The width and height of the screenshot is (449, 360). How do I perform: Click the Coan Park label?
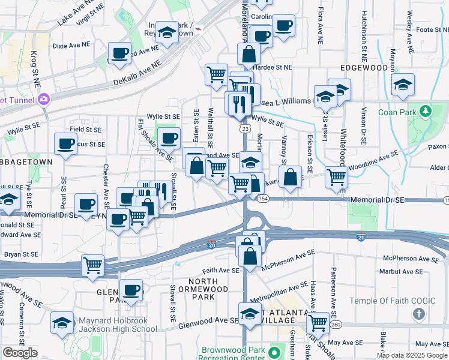click(398, 112)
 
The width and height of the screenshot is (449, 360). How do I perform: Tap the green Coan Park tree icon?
click(426, 111)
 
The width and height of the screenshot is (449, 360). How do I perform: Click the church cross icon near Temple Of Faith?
click(419, 314)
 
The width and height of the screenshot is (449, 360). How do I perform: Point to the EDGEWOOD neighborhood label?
click(364, 68)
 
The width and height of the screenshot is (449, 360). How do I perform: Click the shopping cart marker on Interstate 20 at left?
click(93, 264)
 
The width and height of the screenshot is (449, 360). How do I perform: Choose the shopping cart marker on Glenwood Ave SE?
click(318, 322)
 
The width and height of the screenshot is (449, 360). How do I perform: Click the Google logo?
click(20, 353)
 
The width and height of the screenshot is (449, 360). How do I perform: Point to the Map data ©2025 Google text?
click(412, 355)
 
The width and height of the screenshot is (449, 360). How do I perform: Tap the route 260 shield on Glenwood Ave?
click(335, 325)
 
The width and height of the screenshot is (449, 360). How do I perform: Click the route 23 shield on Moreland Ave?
click(244, 128)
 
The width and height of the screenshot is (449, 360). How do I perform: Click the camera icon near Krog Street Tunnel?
click(44, 99)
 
